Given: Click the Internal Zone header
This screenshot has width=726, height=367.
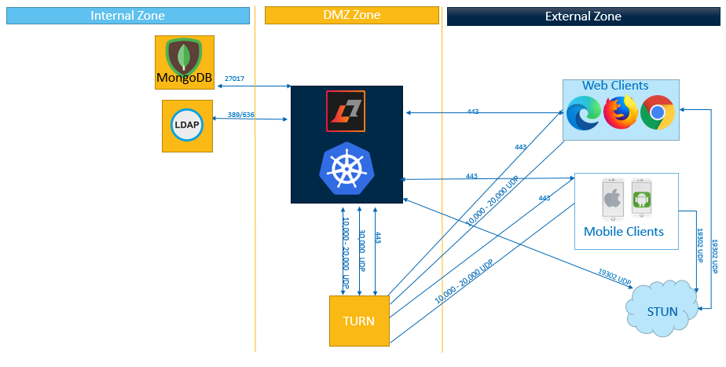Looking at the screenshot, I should click(128, 16).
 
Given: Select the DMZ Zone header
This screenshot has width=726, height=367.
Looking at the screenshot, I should click(353, 16).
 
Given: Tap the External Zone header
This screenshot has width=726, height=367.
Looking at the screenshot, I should click(583, 16).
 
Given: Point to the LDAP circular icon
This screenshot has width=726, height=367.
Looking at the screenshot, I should click(188, 126).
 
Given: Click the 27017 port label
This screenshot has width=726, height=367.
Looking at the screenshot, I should click(234, 79).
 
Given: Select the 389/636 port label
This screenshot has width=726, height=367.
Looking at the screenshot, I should click(241, 115).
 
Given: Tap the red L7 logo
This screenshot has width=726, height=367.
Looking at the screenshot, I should click(346, 112).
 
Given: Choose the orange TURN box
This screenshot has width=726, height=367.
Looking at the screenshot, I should click(358, 321).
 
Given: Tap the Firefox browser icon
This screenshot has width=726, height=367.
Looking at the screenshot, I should click(620, 112).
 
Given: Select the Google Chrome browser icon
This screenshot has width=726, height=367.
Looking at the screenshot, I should click(658, 113).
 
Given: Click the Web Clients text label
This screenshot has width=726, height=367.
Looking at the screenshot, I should click(615, 85).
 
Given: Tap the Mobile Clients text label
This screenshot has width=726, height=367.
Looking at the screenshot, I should click(624, 232).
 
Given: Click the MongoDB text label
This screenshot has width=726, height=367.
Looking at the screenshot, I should click(184, 77).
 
